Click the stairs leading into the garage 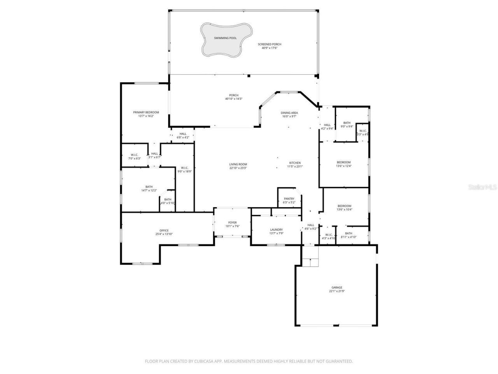coord(310,262)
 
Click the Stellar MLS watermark coord(482,187)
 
